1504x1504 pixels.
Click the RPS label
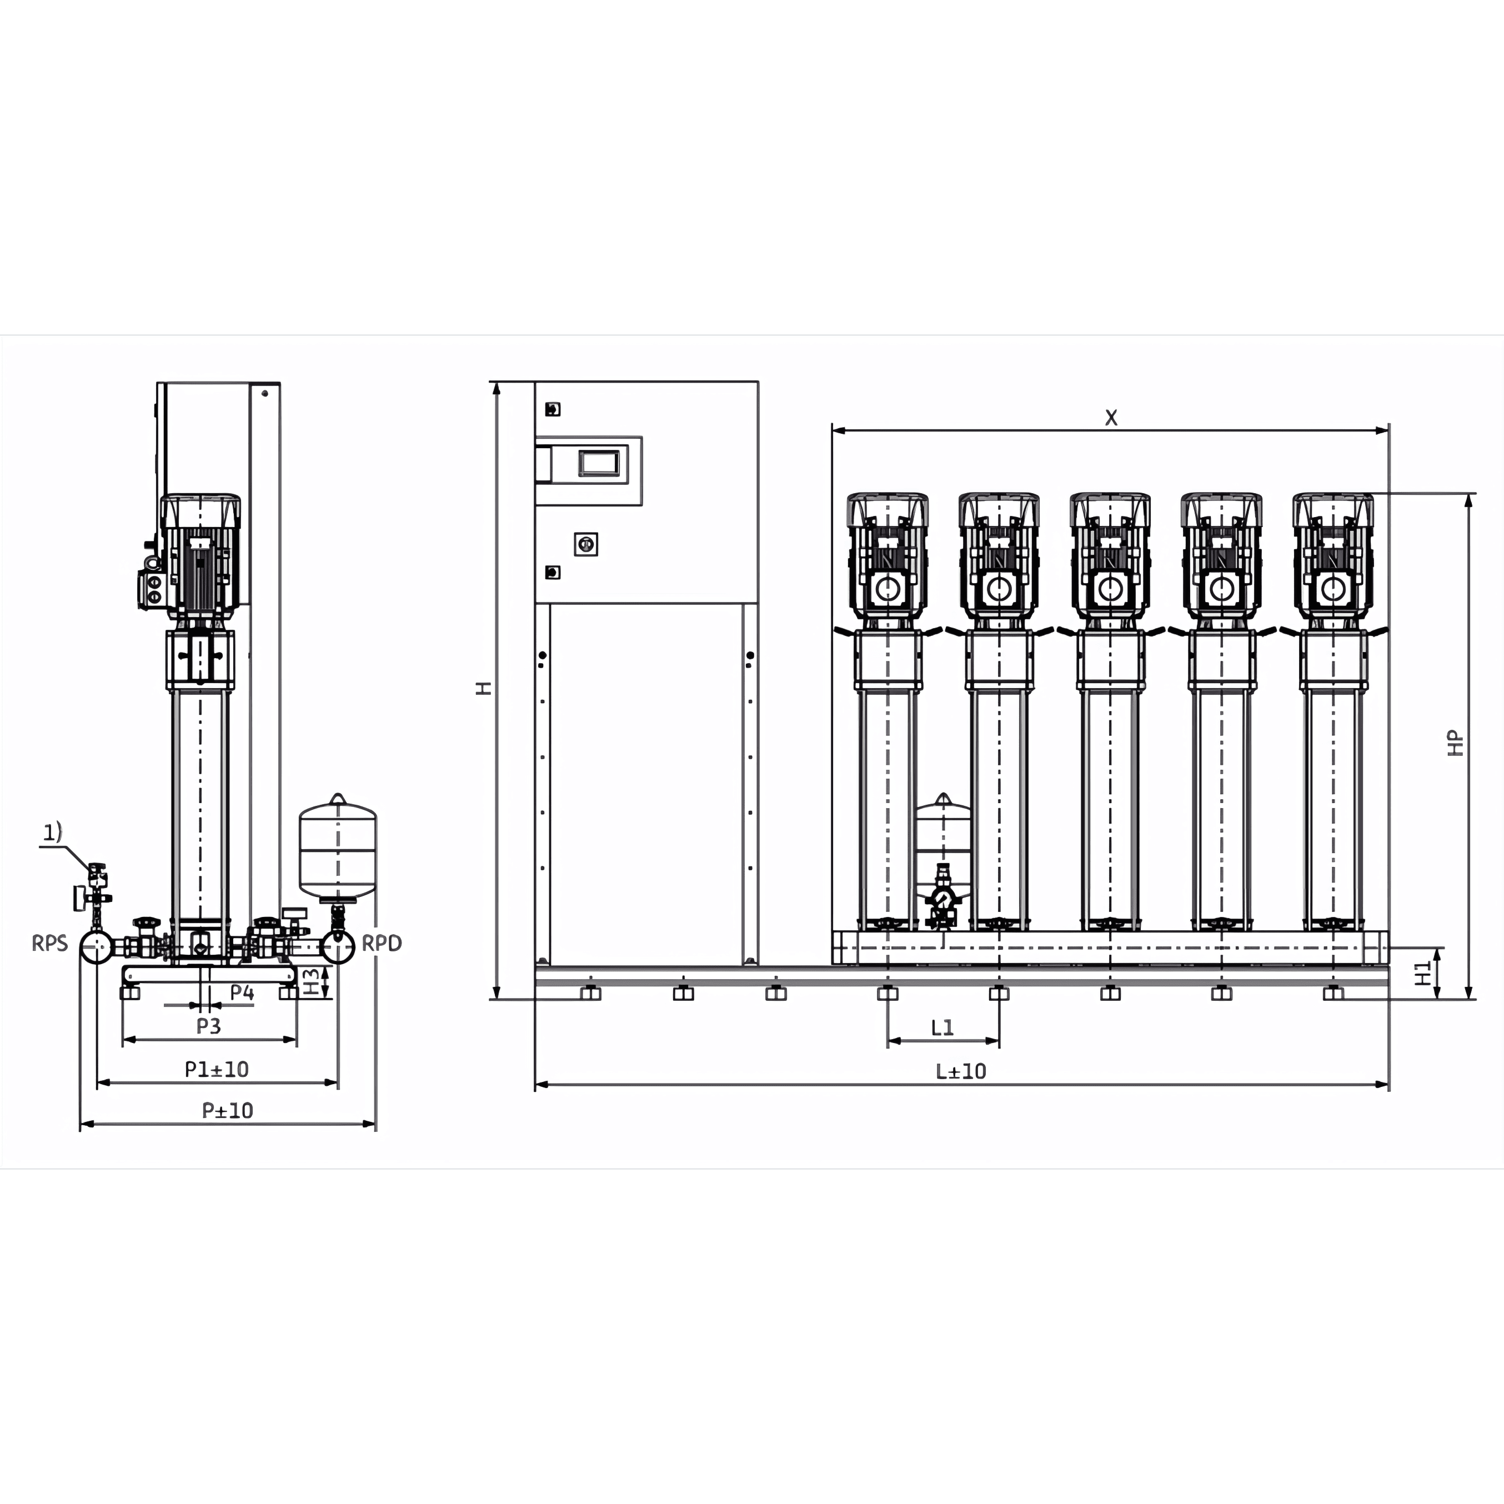tap(50, 944)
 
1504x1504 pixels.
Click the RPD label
tap(382, 944)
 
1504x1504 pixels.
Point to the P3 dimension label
tap(209, 1026)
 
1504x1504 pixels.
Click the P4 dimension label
tap(242, 992)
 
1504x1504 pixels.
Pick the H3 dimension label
tap(310, 981)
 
